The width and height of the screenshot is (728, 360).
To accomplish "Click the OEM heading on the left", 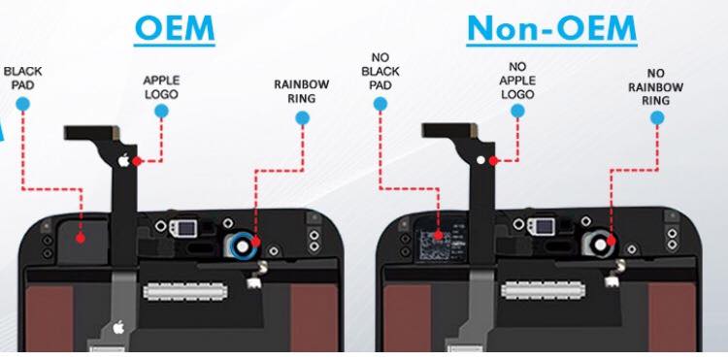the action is [175, 28].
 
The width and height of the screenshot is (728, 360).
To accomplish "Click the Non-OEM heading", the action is [551, 28].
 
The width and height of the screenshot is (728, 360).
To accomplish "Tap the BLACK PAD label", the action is [22, 78].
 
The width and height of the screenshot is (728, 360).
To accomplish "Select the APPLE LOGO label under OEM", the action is [161, 87].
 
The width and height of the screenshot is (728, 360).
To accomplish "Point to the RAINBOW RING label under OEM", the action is [301, 91].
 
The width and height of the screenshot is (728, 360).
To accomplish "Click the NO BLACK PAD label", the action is [381, 72].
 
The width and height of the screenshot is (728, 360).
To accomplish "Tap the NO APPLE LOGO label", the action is [517, 81].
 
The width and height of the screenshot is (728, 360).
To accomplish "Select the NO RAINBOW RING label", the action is [655, 86].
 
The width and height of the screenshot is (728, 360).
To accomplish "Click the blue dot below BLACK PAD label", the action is [22, 104].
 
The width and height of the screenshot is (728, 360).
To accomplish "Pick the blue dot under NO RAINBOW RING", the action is [657, 117].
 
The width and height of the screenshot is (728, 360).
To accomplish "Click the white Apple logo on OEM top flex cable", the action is [123, 160].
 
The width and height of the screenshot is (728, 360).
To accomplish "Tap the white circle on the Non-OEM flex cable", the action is [481, 160].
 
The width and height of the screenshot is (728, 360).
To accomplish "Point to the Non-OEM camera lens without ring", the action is [600, 245].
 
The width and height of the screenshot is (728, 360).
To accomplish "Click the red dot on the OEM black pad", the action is [81, 238].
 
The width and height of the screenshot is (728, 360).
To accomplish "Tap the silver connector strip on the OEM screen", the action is [185, 291].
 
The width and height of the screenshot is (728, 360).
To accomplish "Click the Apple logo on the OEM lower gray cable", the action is [118, 328].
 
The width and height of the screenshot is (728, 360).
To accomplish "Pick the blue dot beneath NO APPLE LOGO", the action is [517, 111].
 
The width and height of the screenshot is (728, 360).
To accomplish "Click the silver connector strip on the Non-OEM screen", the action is [543, 290].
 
